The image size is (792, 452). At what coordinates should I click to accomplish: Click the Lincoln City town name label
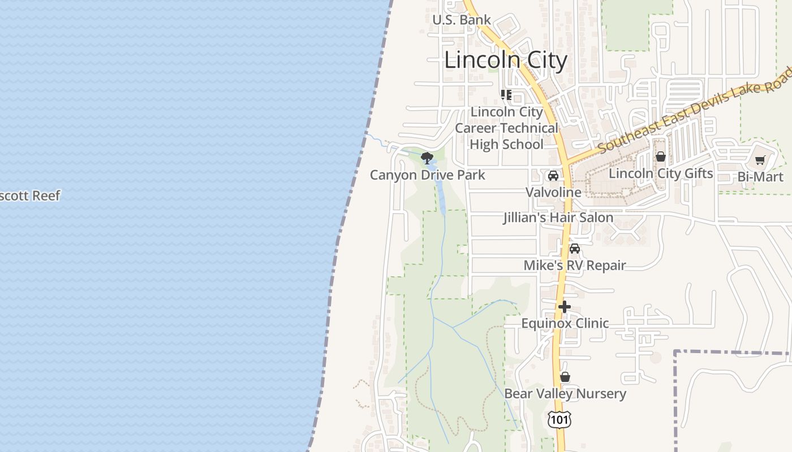(x=505, y=60)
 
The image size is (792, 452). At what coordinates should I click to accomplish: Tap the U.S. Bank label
(x=461, y=20)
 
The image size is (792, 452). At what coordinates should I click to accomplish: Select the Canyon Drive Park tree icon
(x=427, y=158)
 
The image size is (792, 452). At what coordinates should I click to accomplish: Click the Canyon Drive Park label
(x=427, y=175)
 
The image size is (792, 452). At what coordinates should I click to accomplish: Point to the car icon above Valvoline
(x=553, y=176)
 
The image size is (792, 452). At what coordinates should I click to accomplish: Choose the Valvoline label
(x=553, y=192)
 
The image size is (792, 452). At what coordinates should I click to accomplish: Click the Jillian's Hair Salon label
(x=558, y=218)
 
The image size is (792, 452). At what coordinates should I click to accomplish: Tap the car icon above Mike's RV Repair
(x=575, y=249)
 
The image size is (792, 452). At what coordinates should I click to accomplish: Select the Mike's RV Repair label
(x=575, y=265)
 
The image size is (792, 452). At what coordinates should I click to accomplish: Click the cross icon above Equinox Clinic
(x=565, y=307)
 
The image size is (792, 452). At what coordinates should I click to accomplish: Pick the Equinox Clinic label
(x=565, y=323)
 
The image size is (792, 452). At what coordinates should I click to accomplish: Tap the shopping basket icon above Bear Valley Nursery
(x=565, y=377)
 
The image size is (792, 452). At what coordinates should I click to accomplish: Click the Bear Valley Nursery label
(x=565, y=394)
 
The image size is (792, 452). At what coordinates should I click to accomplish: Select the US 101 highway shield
(x=559, y=419)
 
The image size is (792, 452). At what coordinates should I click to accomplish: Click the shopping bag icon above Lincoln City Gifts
(x=660, y=157)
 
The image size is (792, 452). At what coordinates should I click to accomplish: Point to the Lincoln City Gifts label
(x=660, y=173)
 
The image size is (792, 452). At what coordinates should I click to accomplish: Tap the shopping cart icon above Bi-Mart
(x=760, y=160)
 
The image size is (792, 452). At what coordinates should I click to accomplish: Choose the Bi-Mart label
(x=760, y=177)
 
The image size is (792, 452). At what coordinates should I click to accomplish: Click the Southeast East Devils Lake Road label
(x=695, y=109)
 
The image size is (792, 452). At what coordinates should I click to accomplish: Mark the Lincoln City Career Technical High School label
(x=506, y=128)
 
